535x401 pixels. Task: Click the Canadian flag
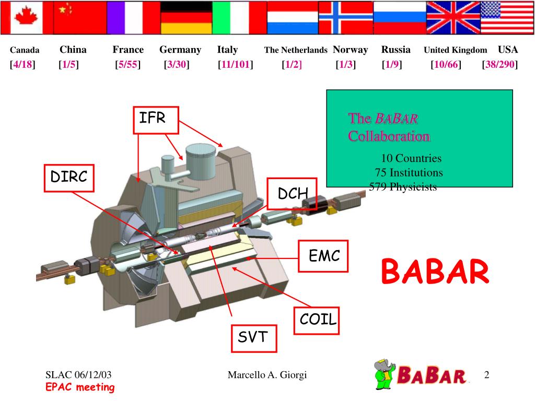tap(27, 18)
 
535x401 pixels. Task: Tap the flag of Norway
tap(345, 18)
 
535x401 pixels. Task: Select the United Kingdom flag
tap(452, 18)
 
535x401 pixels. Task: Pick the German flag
tap(186, 18)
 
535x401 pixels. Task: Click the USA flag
tap(506, 18)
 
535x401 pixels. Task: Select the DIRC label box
tap(68, 178)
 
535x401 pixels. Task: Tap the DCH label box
tap(293, 194)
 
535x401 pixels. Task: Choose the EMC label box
tap(323, 256)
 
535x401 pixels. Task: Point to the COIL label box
tap(318, 319)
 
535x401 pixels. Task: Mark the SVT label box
tap(252, 337)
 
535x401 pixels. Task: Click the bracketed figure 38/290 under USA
tap(500, 65)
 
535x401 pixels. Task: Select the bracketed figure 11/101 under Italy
tap(236, 65)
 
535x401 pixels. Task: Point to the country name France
tap(128, 50)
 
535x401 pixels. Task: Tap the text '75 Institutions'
tap(409, 172)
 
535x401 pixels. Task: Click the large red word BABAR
tap(435, 273)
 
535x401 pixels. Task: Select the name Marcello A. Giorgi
tap(267, 375)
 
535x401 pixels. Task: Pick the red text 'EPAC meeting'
tap(79, 387)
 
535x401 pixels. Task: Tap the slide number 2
tap(486, 375)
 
